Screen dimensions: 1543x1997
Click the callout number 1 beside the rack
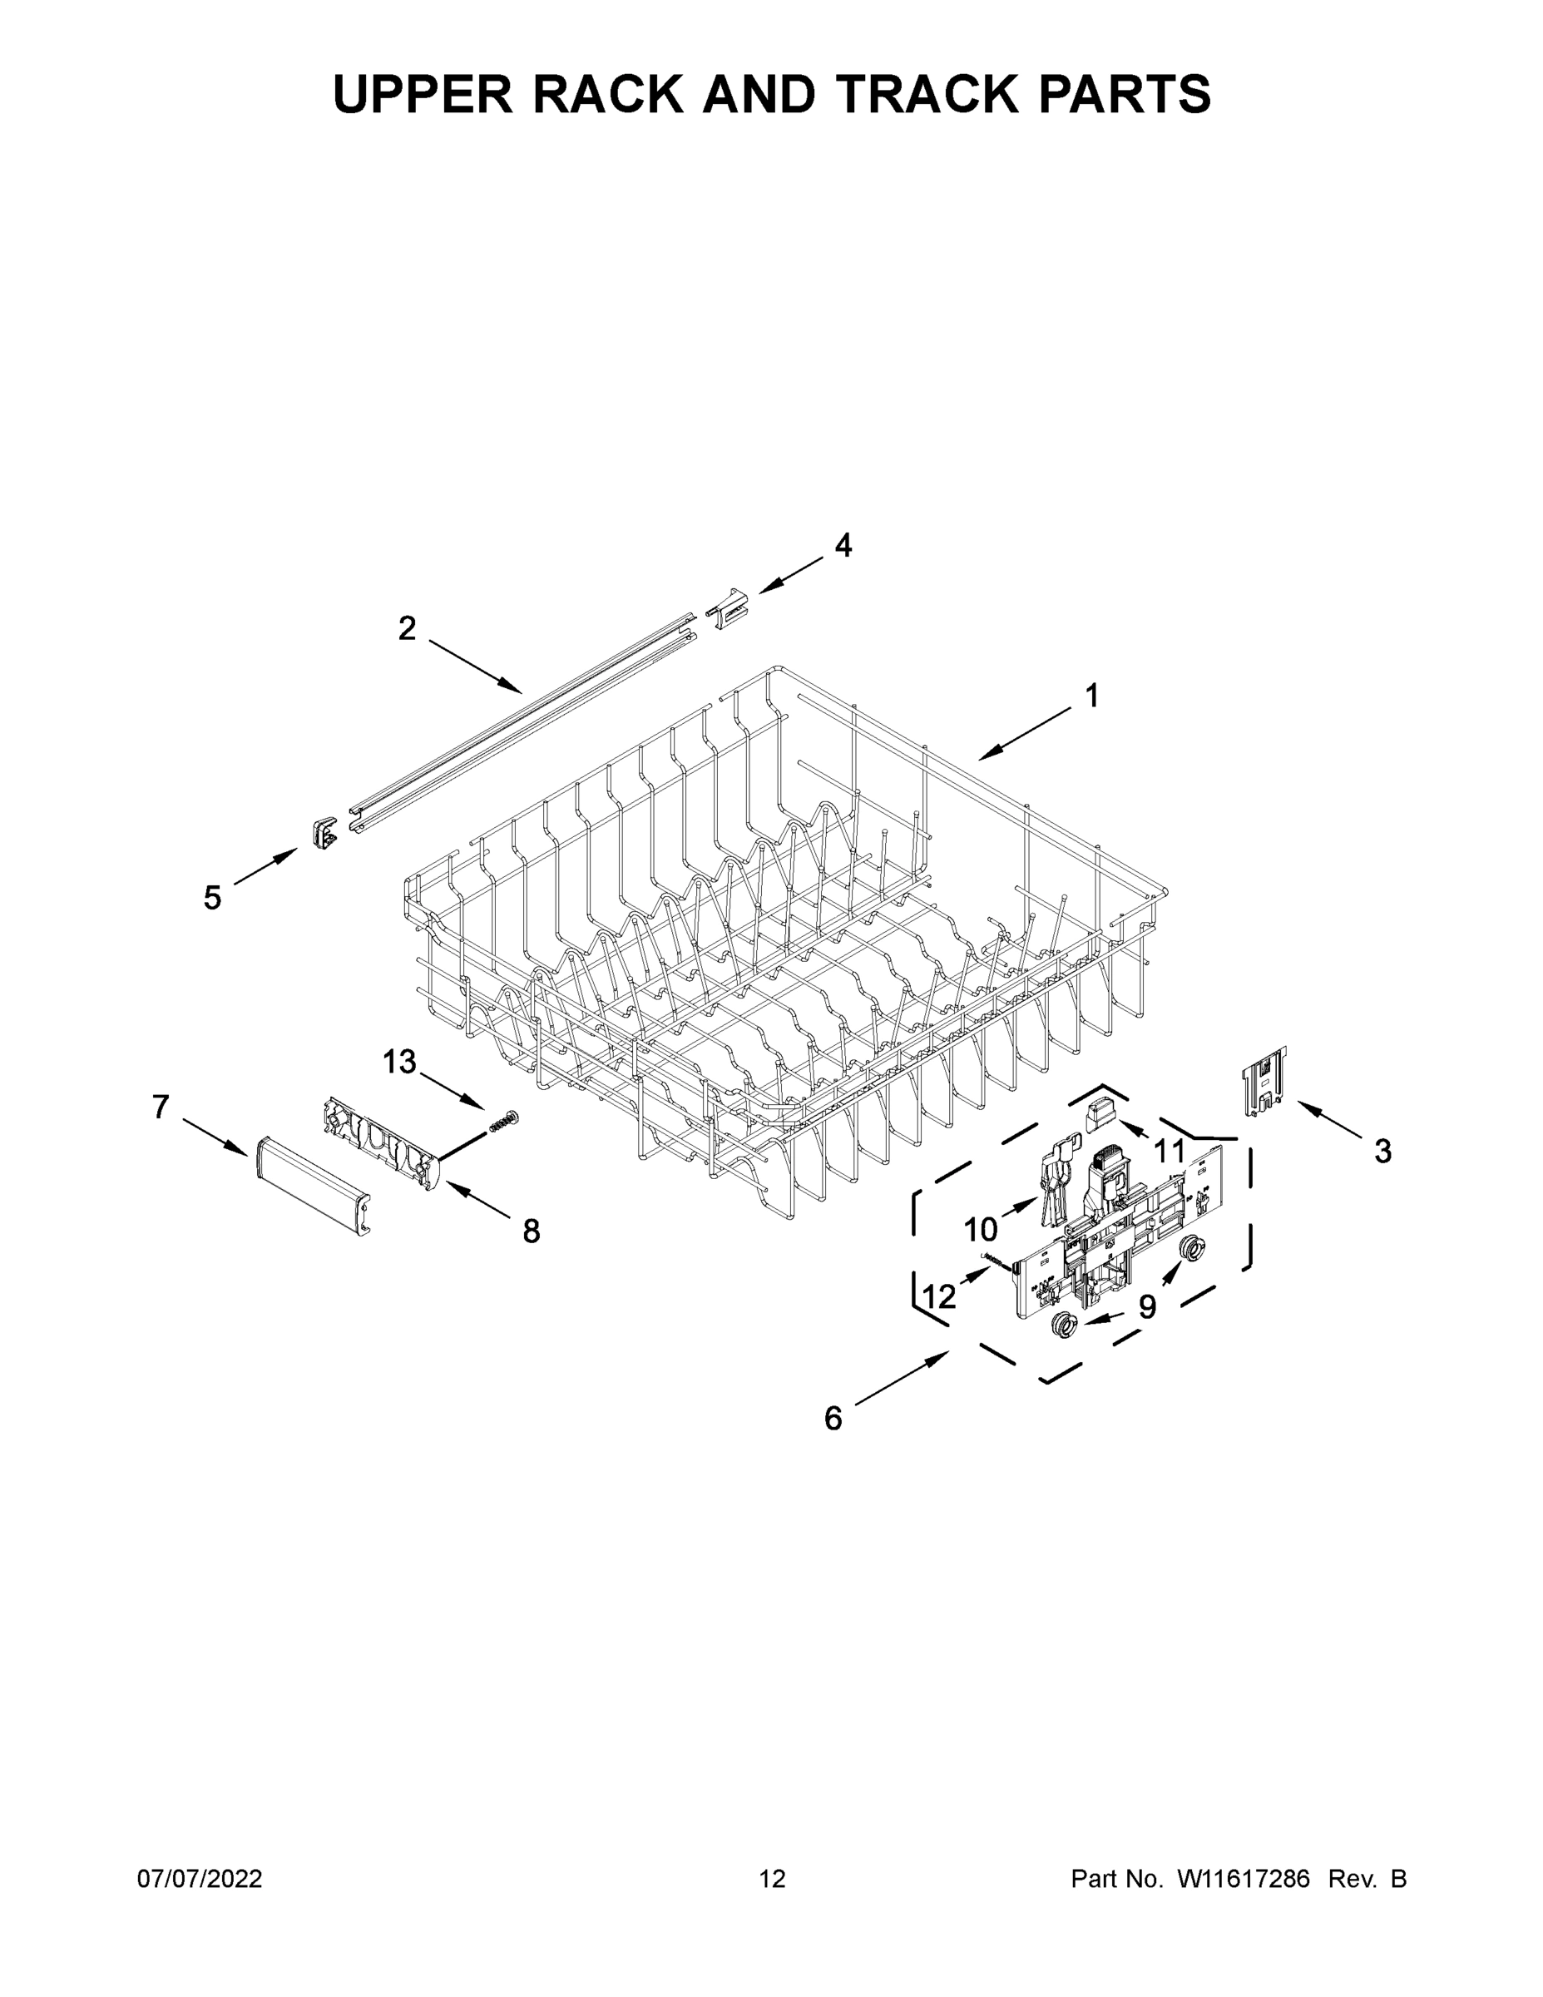tap(1090, 696)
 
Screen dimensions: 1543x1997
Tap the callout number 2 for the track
tap(407, 628)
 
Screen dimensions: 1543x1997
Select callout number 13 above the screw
tap(399, 1062)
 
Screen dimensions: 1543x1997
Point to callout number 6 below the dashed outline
tap(833, 1418)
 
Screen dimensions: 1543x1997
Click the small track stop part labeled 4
tap(728, 604)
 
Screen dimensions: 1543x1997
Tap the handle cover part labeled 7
tap(313, 1186)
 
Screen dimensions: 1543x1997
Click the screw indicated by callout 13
tap(502, 1121)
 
